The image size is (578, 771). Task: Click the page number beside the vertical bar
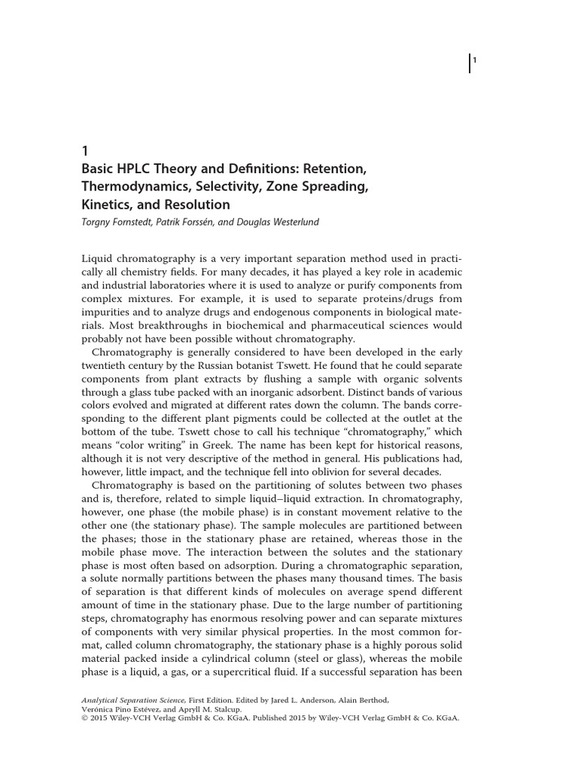point(475,61)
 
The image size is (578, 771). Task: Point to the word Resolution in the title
point(196,204)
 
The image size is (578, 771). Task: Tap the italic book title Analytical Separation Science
point(131,699)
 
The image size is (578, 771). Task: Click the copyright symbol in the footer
point(84,718)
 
